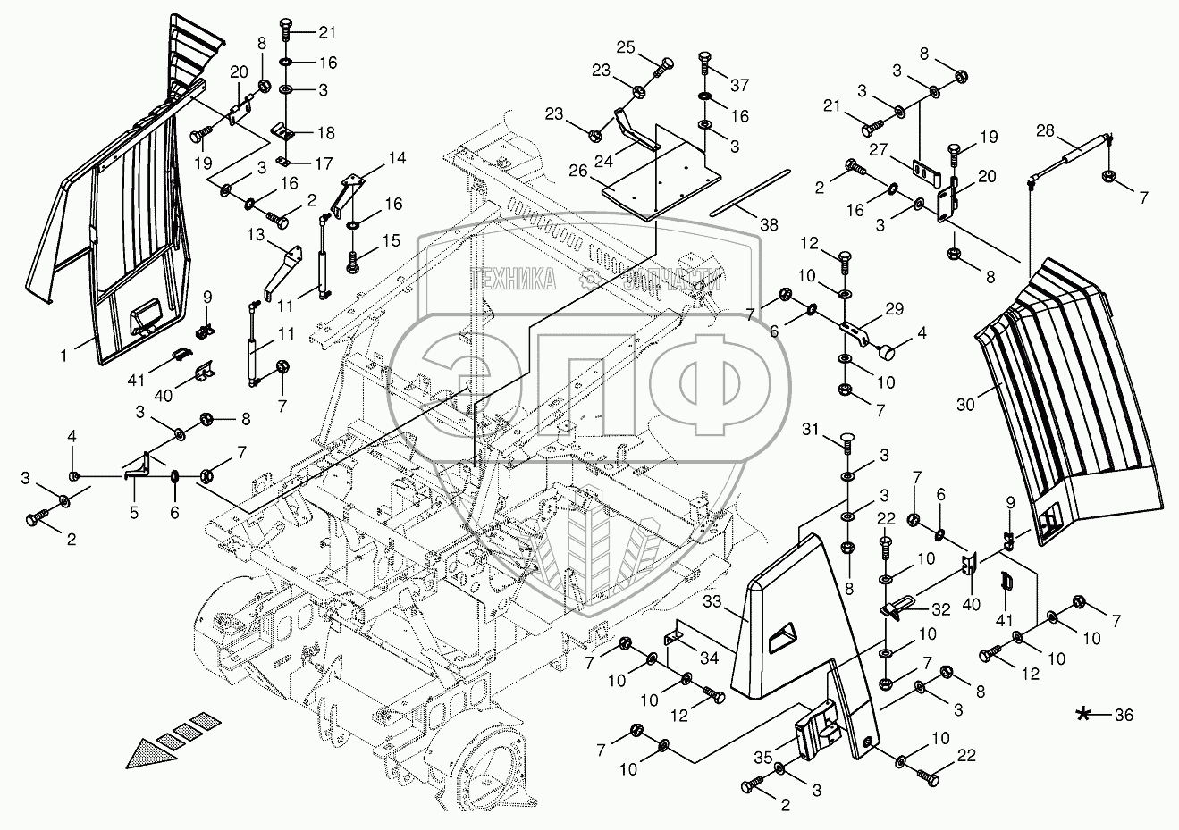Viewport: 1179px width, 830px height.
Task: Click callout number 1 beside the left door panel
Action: coord(63,355)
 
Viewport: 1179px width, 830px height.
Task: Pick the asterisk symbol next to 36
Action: coord(1083,713)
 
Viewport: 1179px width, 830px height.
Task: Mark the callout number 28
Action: coord(1045,130)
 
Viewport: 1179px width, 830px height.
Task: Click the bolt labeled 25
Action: coord(663,63)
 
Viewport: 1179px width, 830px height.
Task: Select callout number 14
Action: coord(397,158)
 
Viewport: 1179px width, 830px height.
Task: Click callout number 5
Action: coord(134,513)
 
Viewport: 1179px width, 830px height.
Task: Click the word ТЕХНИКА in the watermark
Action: coord(514,279)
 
